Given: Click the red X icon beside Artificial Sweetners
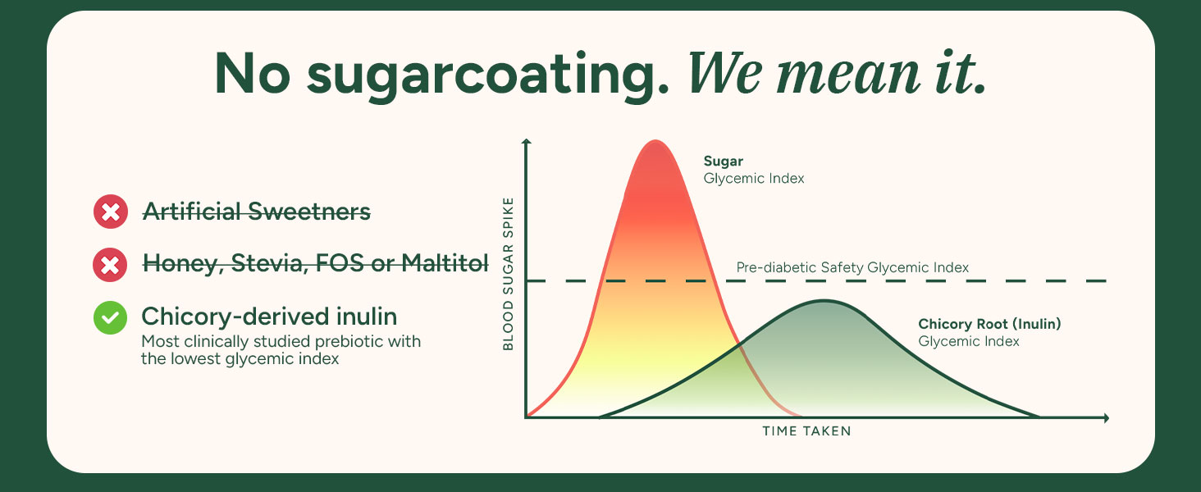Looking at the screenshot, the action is [x=111, y=212].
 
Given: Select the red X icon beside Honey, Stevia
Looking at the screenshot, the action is [x=111, y=265].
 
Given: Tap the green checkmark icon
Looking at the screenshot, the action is [x=111, y=318].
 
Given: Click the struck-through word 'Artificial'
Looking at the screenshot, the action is [x=191, y=211].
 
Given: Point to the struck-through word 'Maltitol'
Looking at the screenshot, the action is [x=445, y=262].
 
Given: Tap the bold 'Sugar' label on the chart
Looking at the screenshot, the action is [x=724, y=162].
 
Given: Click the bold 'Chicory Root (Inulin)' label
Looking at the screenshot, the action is [x=989, y=324].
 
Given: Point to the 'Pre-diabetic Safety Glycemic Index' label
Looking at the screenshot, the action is [x=852, y=266].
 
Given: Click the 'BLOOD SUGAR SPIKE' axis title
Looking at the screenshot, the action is [x=509, y=274].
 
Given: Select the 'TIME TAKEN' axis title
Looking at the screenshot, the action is [x=807, y=430].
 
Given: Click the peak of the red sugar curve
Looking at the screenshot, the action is [x=655, y=141].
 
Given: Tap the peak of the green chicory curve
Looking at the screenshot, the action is [x=824, y=301].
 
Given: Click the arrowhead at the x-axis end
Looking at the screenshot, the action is [x=1106, y=418].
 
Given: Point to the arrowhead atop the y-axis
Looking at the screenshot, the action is [x=527, y=142].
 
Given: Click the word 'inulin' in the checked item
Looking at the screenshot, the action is [x=367, y=317].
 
